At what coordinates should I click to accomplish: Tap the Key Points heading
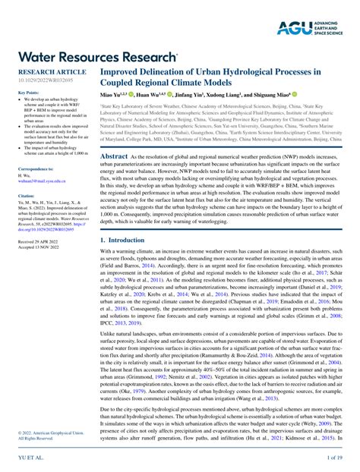(28, 93)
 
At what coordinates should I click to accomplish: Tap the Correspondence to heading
(35, 168)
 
